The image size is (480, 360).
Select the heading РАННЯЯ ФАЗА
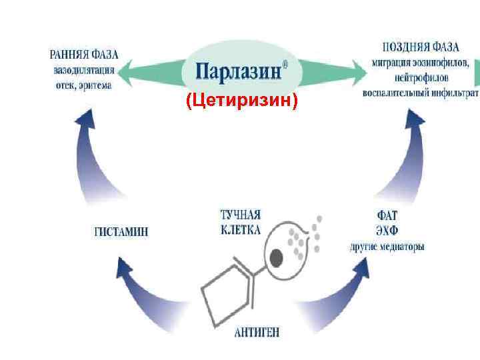point(83,54)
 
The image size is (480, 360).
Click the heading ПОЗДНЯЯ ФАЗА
point(421,48)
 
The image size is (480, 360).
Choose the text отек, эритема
point(83,85)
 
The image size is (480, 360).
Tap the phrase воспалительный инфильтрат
point(420,94)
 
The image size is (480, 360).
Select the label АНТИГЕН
point(257,332)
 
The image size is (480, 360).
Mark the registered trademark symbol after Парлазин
point(286,65)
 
